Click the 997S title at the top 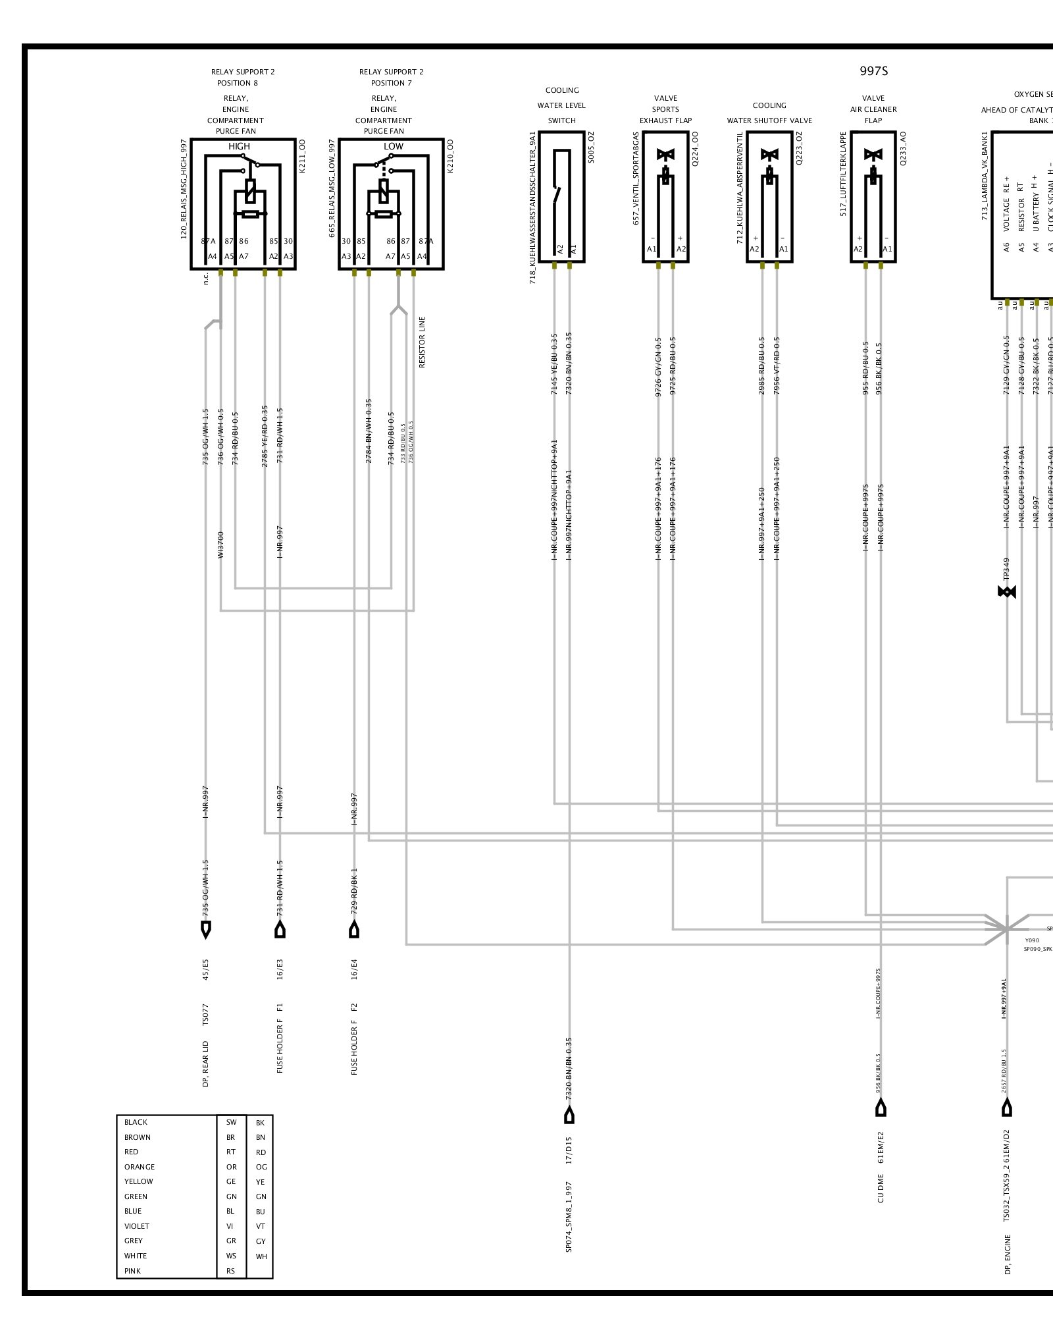(x=873, y=71)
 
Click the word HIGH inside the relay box (x=239, y=146)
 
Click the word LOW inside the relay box (x=393, y=146)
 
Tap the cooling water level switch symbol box (x=561, y=196)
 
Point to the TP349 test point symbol (x=1007, y=592)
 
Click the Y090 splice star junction (x=1006, y=928)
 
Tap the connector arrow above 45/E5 (x=206, y=930)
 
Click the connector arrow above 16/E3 (x=280, y=930)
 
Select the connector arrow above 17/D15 (x=569, y=1115)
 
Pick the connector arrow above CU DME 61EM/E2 (x=881, y=1108)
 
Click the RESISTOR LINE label (x=422, y=342)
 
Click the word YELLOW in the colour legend (x=138, y=1181)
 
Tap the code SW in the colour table (x=231, y=1122)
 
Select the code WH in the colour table (x=261, y=1256)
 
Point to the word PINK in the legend (x=132, y=1271)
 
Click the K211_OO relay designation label (x=303, y=156)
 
